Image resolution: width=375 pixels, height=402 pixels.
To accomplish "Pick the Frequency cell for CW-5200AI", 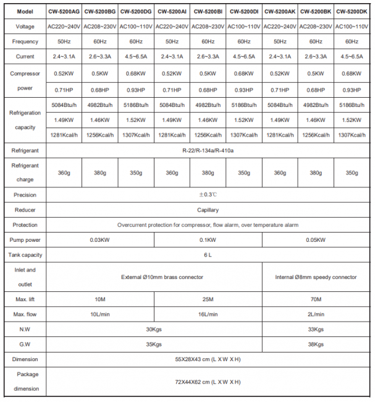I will (171, 41).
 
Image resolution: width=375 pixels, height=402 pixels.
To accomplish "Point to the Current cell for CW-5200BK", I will (316, 56).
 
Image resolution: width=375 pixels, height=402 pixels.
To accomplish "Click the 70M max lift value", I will (316, 299).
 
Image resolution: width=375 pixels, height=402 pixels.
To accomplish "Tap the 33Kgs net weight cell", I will (316, 329).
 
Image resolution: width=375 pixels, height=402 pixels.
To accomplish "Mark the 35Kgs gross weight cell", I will (153, 344).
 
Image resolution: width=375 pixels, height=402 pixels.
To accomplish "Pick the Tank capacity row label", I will (25, 254).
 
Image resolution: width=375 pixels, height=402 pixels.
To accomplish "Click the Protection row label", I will (25, 225).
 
